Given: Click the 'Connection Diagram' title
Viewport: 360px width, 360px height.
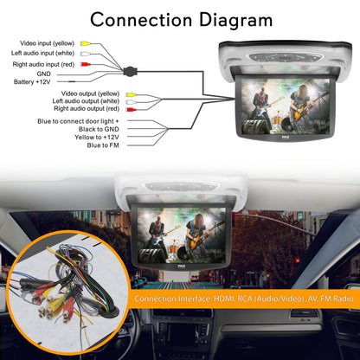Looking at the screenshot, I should point(180,19).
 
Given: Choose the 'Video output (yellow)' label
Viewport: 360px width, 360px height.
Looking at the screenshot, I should point(91,92).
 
